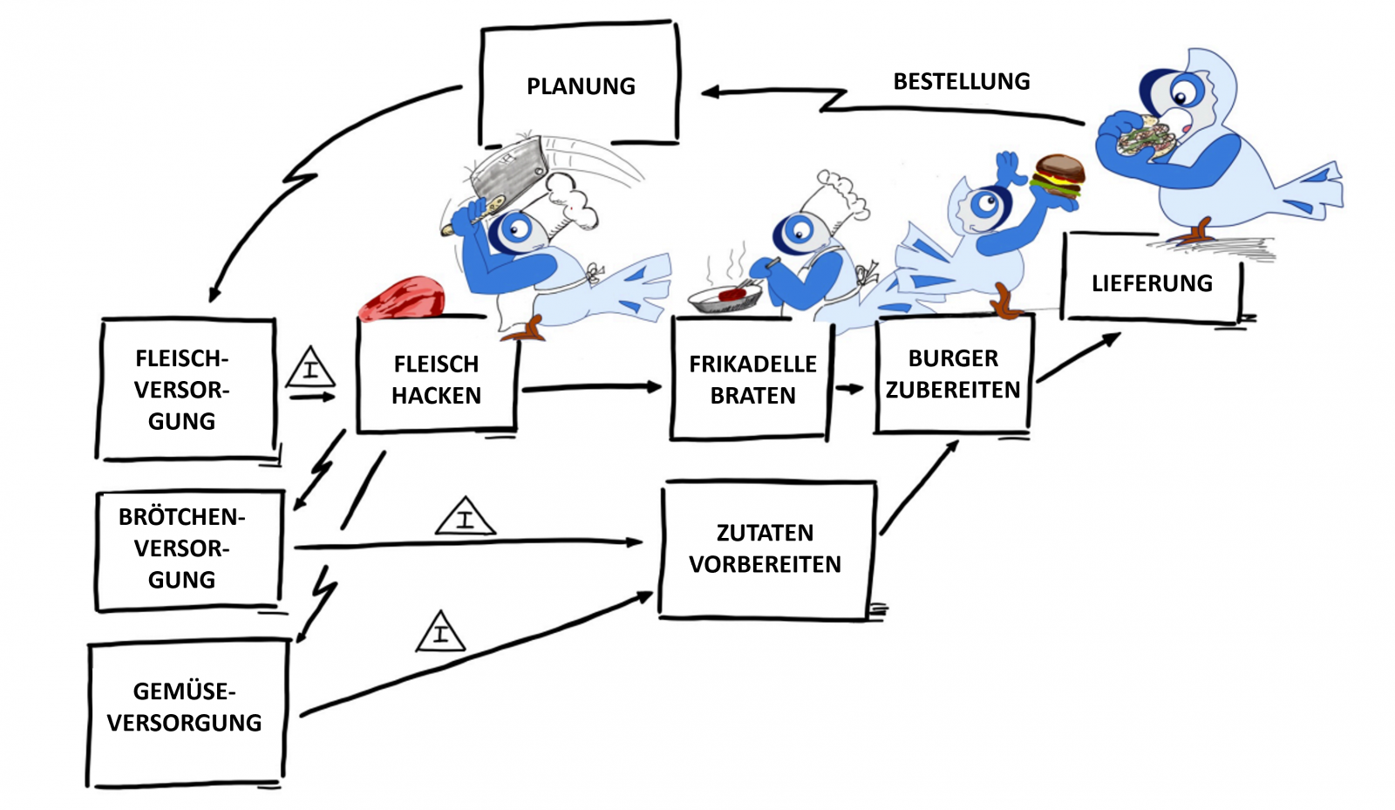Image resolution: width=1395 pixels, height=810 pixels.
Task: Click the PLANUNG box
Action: tap(580, 85)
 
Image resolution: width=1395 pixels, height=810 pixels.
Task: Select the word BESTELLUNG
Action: tap(961, 82)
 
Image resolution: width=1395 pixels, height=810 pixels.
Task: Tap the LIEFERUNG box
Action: tap(1151, 282)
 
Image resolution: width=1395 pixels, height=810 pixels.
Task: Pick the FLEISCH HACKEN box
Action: tap(436, 379)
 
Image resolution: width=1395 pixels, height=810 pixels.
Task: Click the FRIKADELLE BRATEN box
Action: tap(752, 379)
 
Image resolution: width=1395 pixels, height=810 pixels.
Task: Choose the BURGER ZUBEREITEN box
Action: tap(953, 374)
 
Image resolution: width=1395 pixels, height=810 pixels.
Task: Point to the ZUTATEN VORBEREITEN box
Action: tap(765, 548)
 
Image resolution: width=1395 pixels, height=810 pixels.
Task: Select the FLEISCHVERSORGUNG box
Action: tap(182, 390)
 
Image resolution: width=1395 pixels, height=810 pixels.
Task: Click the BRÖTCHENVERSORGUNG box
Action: tap(182, 548)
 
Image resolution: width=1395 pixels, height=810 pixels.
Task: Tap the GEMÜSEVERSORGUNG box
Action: tap(184, 707)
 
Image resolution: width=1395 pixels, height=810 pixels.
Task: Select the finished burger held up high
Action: tap(1058, 178)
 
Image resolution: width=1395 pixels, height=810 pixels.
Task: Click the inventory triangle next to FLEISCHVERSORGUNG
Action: tap(310, 369)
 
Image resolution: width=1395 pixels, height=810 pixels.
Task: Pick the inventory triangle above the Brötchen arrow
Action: tap(465, 518)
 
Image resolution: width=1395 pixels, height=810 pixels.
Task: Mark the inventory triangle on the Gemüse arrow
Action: tap(440, 634)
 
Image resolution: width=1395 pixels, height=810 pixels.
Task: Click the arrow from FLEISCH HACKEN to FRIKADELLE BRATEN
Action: tap(593, 387)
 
